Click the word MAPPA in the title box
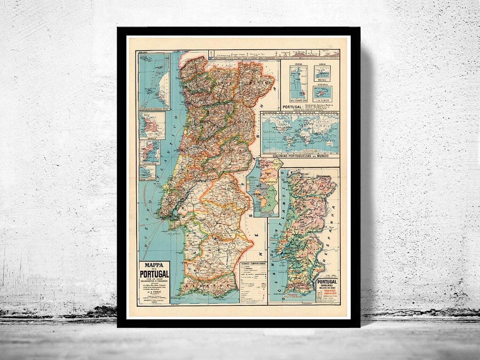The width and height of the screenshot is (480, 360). coord(154,266)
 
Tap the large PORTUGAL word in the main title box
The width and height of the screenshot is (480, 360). coord(154,275)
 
